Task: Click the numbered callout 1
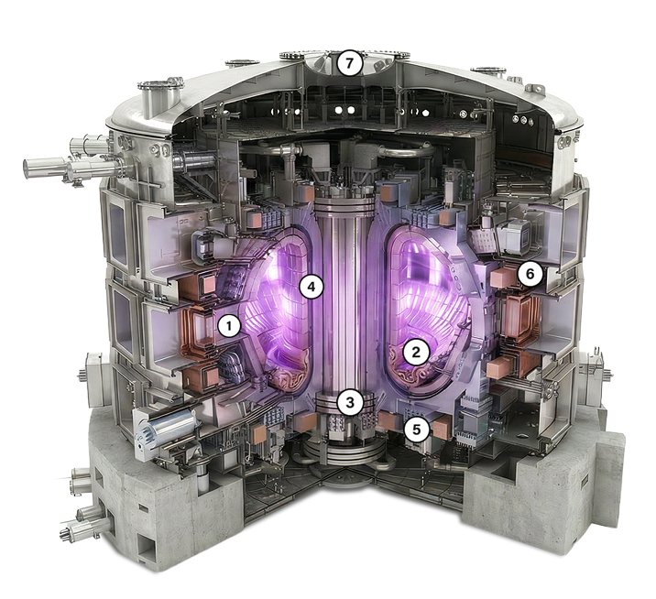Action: [x=229, y=326]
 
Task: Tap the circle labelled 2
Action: [x=415, y=353]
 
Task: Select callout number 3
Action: [x=350, y=403]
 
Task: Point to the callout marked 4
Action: [x=312, y=287]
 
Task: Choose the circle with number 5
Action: [x=416, y=430]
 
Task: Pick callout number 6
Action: [x=530, y=275]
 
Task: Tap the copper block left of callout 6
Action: [x=502, y=278]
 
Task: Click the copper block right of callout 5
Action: [x=441, y=430]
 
